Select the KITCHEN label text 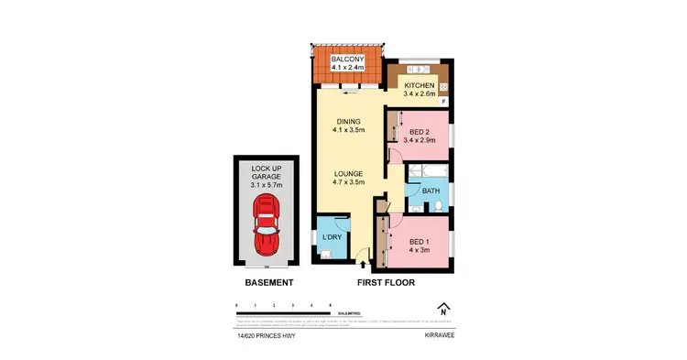coord(420,86)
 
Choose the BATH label coord(431,191)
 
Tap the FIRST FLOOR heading coord(385,283)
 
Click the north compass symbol coord(443,309)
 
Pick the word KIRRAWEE coord(441,336)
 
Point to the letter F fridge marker coord(444,101)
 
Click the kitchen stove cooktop coord(442,87)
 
